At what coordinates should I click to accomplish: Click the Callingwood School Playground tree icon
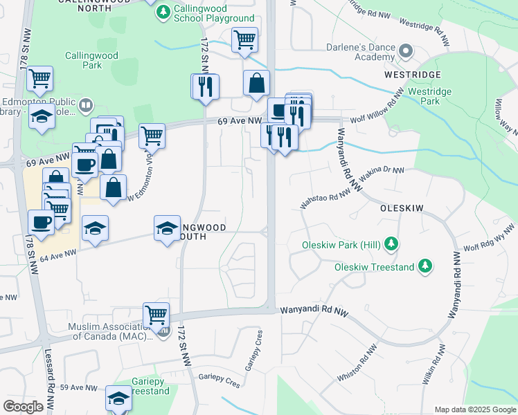[163, 12]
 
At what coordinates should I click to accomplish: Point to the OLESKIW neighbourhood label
[401, 207]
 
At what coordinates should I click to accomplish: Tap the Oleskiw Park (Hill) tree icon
[391, 244]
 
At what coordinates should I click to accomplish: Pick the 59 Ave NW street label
[75, 389]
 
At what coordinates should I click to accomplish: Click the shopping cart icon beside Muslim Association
[156, 315]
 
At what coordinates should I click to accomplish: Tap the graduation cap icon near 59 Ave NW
[118, 399]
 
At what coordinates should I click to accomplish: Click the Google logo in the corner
[23, 407]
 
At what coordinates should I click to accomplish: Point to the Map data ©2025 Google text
[474, 409]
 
